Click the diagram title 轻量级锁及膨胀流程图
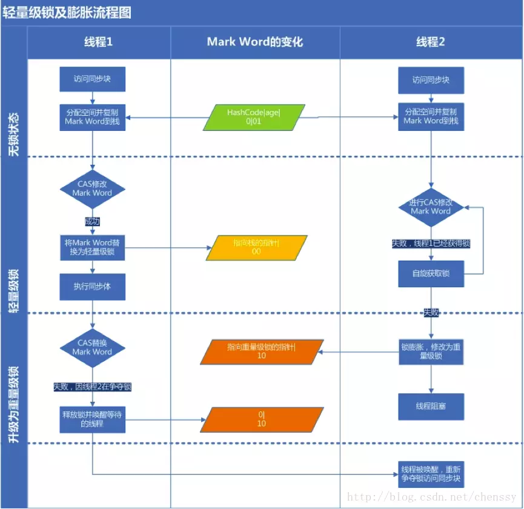67,13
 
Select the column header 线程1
98,42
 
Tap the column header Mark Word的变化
254,42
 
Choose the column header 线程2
431,42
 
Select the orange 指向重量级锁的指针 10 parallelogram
261,351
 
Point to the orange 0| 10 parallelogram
261,419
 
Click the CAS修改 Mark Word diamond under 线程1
92,189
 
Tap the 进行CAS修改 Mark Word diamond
431,207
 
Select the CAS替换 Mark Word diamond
92,347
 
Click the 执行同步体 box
92,287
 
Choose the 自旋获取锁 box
431,274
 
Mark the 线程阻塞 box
431,407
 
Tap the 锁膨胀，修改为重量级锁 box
431,352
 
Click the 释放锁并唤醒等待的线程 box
92,419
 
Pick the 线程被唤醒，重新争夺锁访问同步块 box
431,474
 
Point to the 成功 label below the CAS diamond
92,222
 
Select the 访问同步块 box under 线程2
431,80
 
